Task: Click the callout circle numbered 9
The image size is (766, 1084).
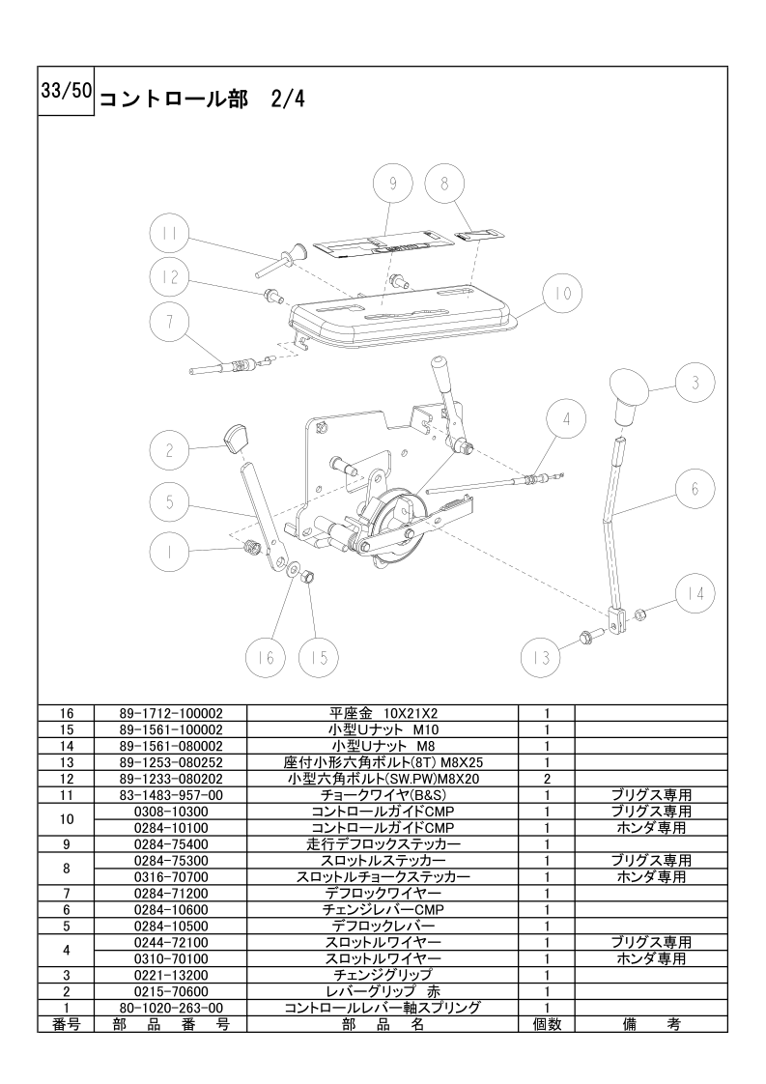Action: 393,184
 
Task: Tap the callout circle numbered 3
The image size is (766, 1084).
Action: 695,383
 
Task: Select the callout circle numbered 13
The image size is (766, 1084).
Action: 541,657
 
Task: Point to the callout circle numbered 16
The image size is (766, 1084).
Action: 267,657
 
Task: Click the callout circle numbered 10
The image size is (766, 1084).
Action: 563,294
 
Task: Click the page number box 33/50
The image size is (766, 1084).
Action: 66,91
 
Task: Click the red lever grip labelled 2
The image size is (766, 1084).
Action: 237,439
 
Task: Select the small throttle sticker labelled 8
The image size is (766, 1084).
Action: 480,233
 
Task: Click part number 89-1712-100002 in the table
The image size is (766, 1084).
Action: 171,713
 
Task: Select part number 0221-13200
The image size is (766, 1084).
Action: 171,975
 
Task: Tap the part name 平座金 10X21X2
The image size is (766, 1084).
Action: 383,713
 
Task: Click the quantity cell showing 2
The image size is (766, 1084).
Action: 547,779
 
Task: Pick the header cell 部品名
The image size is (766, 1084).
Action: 383,1024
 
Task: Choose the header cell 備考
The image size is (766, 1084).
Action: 651,1024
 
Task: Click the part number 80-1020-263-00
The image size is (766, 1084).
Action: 171,1008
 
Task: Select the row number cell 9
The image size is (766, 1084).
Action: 67,844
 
